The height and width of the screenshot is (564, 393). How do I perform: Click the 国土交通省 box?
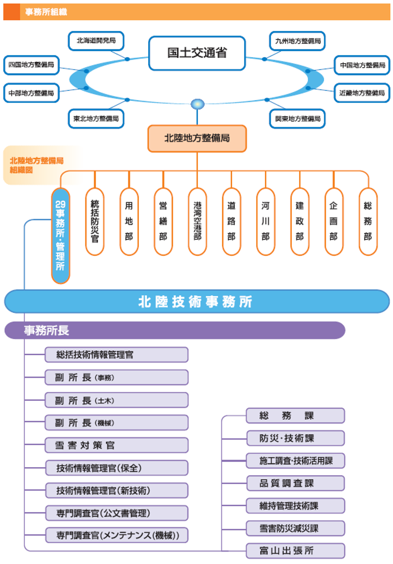(197, 53)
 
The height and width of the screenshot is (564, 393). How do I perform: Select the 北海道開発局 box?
(96, 41)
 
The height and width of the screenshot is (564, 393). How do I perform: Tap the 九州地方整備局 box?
(298, 41)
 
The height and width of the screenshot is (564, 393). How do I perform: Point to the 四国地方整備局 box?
(31, 65)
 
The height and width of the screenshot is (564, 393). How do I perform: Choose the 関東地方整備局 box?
(298, 119)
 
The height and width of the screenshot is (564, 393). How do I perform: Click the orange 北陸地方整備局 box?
(197, 138)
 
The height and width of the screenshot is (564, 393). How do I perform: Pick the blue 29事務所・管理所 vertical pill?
(61, 236)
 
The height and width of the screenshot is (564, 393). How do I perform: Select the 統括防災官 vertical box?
(95, 222)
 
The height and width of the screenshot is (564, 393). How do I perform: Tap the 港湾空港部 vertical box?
(197, 222)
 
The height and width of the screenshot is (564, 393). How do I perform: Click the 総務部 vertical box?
(368, 222)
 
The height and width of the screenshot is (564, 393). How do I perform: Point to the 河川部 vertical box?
(265, 222)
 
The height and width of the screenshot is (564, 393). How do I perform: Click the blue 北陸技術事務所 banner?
(197, 302)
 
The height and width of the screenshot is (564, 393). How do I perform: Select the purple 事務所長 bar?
(175, 330)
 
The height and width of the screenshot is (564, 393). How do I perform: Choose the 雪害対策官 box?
(116, 445)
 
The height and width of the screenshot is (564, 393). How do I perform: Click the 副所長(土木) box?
(116, 400)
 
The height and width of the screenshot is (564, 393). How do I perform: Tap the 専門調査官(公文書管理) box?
(116, 513)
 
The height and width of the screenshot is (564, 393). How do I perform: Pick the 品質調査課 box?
(295, 483)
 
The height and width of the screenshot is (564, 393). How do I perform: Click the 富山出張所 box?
(295, 551)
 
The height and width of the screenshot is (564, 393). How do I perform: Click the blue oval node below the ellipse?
(197, 104)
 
